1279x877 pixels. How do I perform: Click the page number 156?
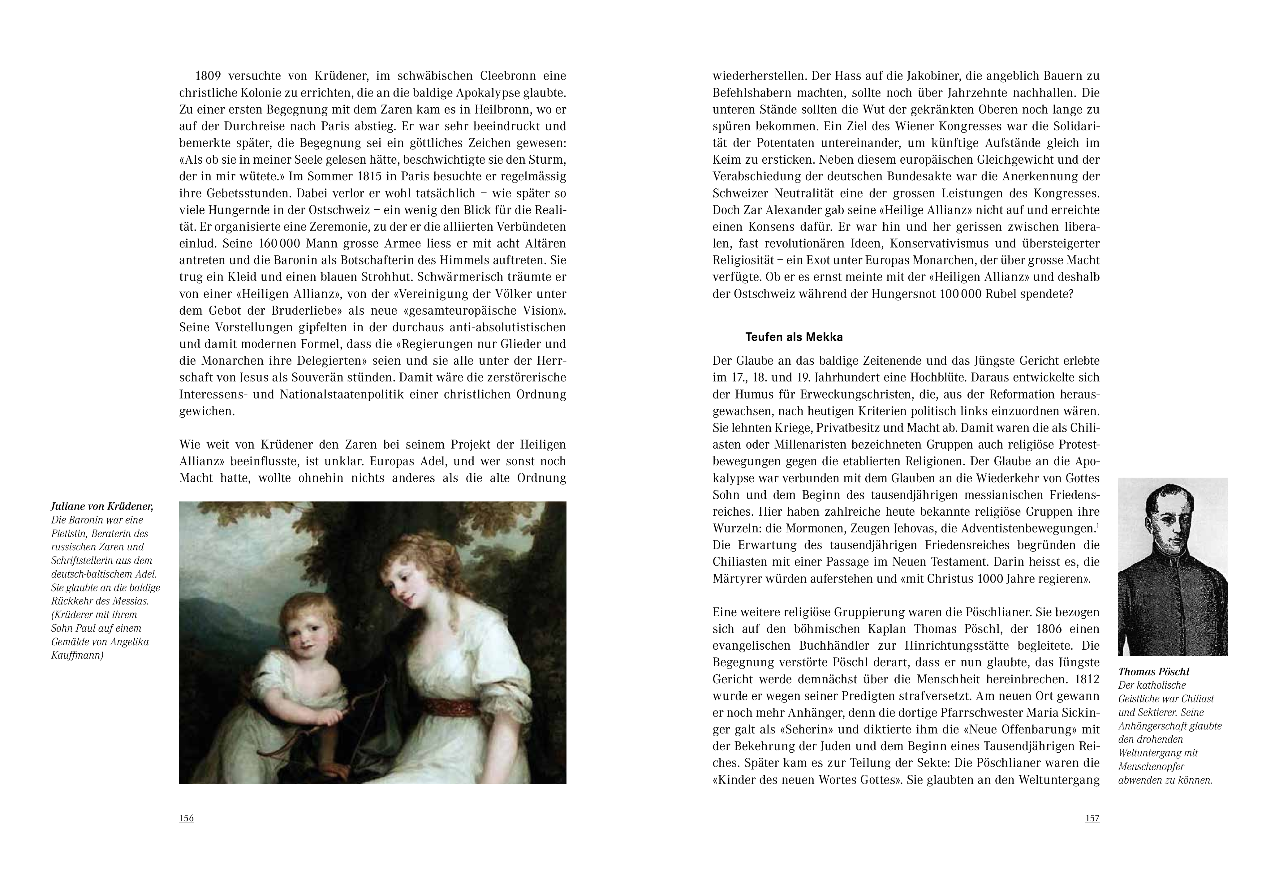tap(187, 818)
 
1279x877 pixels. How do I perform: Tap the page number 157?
tap(1092, 818)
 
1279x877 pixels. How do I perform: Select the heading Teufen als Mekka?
tap(794, 337)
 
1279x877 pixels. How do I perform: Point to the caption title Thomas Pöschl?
tap(1153, 672)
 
